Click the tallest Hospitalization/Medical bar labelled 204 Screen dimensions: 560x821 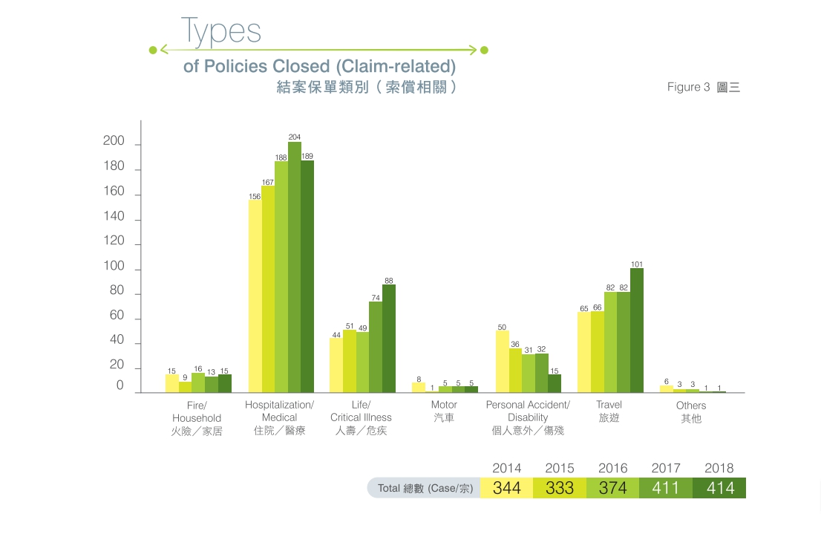click(x=295, y=267)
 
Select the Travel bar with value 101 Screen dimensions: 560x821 click(x=637, y=331)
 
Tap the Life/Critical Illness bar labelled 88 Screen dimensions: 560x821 click(x=389, y=339)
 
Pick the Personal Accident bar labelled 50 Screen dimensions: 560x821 click(x=502, y=362)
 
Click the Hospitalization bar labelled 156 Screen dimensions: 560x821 click(x=255, y=296)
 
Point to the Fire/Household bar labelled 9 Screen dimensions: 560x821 click(x=185, y=387)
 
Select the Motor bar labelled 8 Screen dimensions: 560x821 click(x=419, y=388)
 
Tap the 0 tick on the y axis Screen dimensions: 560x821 click(x=120, y=386)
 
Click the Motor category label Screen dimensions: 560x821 click(x=444, y=411)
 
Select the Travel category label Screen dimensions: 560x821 click(x=609, y=411)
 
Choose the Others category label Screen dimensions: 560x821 click(x=691, y=412)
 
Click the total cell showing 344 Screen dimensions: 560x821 click(x=507, y=488)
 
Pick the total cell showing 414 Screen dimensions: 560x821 click(x=719, y=488)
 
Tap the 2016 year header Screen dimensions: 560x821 click(x=612, y=469)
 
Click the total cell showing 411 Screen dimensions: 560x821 click(x=666, y=488)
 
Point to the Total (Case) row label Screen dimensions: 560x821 click(x=425, y=489)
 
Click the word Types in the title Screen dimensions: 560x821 click(x=221, y=31)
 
